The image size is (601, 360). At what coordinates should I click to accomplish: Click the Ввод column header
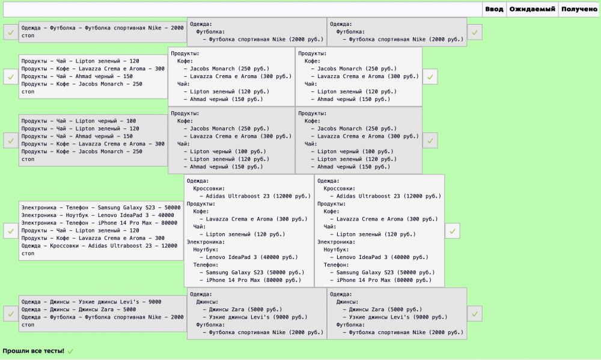[494, 9]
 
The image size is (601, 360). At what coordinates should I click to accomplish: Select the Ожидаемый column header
[532, 9]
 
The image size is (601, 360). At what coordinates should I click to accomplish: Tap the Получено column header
[579, 9]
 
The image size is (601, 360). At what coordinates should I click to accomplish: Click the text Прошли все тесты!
[33, 351]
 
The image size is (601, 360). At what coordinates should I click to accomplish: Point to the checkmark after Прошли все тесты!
[70, 351]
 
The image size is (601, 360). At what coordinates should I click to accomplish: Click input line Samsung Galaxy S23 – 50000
[101, 207]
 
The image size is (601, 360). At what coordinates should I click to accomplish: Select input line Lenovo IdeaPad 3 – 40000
[98, 215]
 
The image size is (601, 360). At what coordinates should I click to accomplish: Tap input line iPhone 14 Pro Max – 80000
[99, 223]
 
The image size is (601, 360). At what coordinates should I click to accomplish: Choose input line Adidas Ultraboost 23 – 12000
[99, 246]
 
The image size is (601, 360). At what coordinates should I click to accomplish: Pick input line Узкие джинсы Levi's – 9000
[91, 302]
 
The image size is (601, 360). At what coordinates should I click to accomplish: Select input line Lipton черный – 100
[79, 121]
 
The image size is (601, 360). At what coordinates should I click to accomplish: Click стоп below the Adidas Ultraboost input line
[28, 254]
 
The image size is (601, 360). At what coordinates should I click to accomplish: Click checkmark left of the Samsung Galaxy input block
[11, 231]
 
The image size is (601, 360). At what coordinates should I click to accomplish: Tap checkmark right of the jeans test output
[475, 314]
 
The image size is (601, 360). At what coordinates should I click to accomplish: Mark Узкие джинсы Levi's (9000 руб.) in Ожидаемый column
[255, 317]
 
